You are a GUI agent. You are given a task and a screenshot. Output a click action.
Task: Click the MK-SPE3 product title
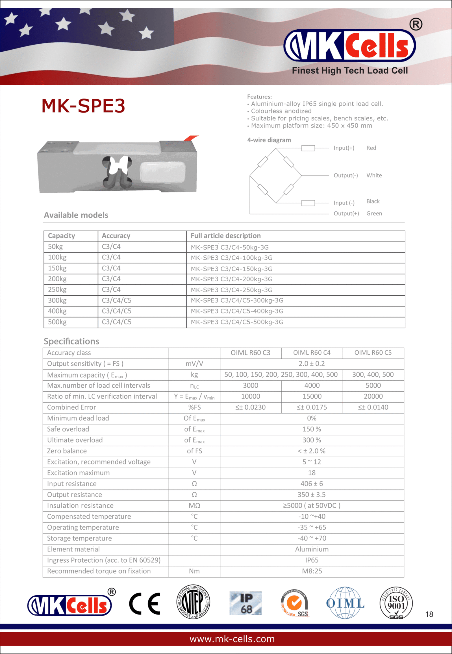83,106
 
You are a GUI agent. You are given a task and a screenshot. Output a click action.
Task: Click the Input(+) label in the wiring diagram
344,148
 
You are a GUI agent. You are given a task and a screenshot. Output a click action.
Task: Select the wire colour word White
374,175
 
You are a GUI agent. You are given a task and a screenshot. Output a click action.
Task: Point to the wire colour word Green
374,214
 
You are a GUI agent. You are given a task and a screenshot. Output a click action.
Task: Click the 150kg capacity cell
57,268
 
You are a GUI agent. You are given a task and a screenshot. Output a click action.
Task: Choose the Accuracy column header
116,236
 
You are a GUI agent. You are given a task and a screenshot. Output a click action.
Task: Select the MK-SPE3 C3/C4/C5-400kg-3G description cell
237,311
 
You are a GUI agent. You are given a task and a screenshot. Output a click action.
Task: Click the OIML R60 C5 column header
373,353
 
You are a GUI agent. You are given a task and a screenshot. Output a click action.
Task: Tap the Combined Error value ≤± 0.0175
312,407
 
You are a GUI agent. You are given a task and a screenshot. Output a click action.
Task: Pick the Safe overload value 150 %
312,429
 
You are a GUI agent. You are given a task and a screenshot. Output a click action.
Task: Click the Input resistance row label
72,484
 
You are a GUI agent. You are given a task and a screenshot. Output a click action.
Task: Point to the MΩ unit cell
194,506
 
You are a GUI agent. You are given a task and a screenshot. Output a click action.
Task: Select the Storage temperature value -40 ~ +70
312,538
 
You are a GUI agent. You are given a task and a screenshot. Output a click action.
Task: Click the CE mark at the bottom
145,604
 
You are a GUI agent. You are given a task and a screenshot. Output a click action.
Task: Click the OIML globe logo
345,603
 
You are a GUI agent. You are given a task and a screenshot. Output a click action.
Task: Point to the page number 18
429,614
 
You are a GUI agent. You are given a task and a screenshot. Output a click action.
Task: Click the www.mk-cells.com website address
232,639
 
